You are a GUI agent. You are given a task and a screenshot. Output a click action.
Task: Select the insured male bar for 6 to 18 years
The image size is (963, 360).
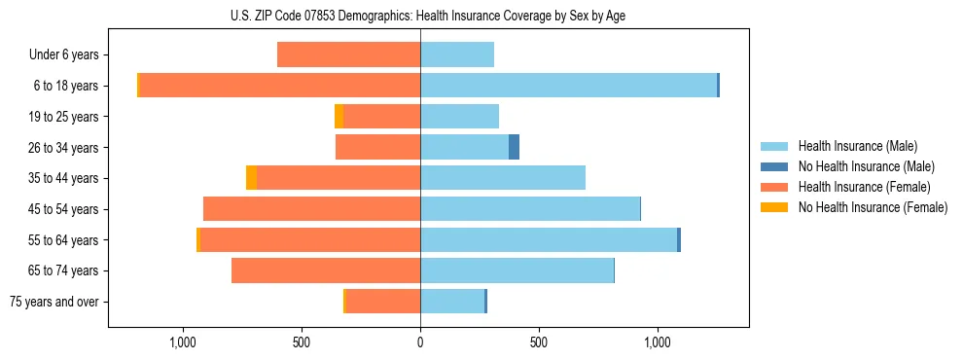[568, 86]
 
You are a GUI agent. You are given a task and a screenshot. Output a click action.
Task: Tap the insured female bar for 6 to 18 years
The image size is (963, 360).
[280, 86]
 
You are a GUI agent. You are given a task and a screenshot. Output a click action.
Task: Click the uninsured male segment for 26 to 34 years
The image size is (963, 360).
[514, 147]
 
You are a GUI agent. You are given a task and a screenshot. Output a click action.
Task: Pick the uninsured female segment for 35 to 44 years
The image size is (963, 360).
[251, 178]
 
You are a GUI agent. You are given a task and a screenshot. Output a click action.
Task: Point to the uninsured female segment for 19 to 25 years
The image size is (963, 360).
[339, 117]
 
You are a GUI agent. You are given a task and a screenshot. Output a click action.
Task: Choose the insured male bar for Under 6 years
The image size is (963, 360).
[457, 54]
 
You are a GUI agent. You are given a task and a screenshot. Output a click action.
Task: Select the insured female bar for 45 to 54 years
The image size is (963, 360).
[311, 209]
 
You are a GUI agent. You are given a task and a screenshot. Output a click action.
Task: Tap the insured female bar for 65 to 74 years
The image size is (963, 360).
[326, 270]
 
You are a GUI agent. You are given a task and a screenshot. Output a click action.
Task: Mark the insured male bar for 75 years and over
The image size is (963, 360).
[452, 302]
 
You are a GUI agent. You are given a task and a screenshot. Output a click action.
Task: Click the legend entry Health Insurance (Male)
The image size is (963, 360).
[857, 146]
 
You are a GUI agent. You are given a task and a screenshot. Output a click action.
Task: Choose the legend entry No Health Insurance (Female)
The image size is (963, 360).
[873, 207]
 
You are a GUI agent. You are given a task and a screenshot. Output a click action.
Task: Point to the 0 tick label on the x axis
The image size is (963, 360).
[420, 342]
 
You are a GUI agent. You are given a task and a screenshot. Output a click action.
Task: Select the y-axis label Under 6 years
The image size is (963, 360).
[63, 54]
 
